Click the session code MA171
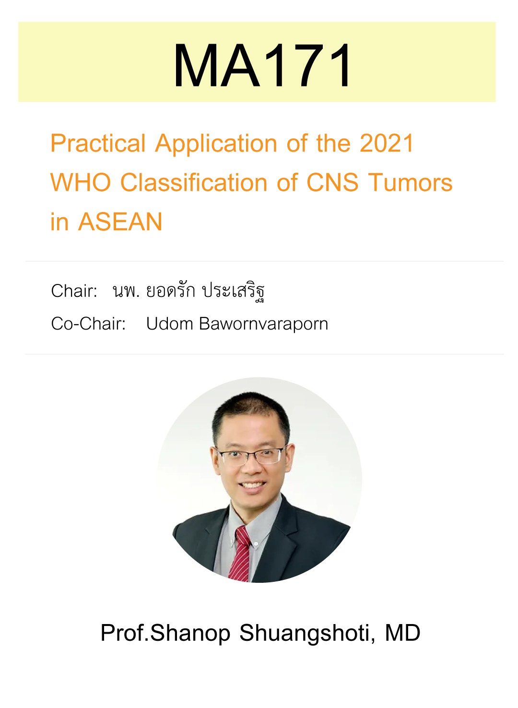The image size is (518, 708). pyautogui.click(x=262, y=65)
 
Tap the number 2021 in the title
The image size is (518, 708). pyautogui.click(x=387, y=143)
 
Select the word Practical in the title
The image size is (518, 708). pyautogui.click(x=98, y=143)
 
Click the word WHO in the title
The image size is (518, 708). pyautogui.click(x=81, y=183)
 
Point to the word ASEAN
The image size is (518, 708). pyautogui.click(x=120, y=222)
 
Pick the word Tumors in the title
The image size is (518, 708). pyautogui.click(x=411, y=183)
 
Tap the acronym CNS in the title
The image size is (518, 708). pyautogui.click(x=332, y=183)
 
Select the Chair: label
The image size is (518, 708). pyautogui.click(x=74, y=291)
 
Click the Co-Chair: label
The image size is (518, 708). pyautogui.click(x=89, y=324)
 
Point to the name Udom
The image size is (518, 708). pyautogui.click(x=169, y=324)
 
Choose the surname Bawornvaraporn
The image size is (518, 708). pyautogui.click(x=264, y=324)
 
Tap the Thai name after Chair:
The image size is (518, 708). pyautogui.click(x=189, y=291)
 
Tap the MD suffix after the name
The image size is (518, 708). pyautogui.click(x=402, y=632)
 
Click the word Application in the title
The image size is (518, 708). pyautogui.click(x=216, y=144)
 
